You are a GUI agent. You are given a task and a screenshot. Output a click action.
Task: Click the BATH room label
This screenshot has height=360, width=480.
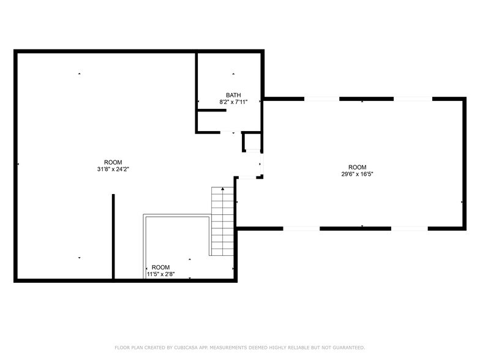233,95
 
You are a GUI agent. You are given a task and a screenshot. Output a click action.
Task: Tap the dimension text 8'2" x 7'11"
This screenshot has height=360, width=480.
233,102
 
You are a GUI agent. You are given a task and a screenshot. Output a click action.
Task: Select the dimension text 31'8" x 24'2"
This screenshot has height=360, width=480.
113,169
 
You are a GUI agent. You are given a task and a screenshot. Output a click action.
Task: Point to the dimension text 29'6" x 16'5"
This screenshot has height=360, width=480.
357,174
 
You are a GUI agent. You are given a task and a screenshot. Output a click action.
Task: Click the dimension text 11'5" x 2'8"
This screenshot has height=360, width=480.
160,274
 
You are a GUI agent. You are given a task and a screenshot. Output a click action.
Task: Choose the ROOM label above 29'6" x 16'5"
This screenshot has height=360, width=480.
357,167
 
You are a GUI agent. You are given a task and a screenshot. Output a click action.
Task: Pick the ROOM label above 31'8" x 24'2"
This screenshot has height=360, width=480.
113,162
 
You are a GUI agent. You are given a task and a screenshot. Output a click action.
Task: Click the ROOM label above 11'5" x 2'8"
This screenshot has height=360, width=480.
160,267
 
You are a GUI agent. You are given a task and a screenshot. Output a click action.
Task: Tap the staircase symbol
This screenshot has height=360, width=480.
222,222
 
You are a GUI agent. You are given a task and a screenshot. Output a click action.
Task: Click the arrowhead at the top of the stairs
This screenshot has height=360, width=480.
222,189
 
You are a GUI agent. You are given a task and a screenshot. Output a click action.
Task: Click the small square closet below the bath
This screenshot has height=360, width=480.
252,142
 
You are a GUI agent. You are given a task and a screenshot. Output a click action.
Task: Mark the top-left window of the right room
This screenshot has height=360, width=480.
321,99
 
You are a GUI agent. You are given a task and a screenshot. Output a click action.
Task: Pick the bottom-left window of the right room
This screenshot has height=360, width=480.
301,228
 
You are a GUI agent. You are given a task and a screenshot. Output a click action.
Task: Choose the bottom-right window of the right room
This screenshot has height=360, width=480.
409,228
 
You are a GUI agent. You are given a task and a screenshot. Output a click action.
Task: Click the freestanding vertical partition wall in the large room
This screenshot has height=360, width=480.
113,236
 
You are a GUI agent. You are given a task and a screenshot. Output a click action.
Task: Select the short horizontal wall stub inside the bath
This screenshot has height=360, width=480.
212,111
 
